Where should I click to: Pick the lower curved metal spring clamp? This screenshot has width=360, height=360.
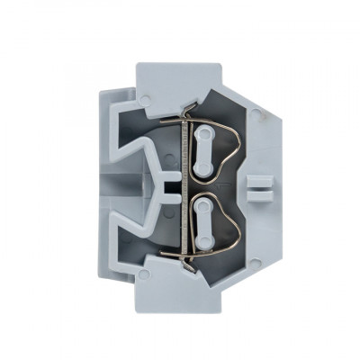(230, 225)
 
